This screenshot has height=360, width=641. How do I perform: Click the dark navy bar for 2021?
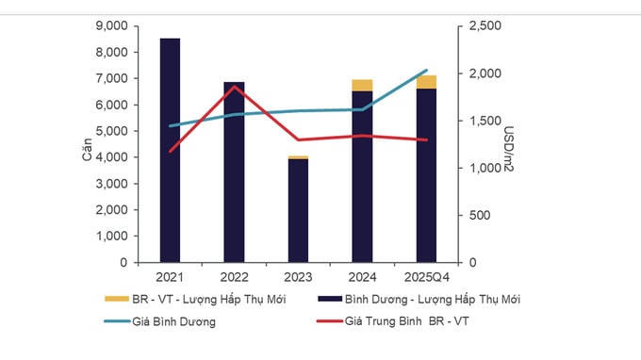tap(170, 151)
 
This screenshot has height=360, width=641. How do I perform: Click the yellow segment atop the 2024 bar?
tap(362, 85)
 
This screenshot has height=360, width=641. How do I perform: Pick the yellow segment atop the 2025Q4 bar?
tap(426, 82)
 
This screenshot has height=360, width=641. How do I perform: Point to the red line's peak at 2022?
tap(234, 87)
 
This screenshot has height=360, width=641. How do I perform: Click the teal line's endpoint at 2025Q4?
tap(426, 71)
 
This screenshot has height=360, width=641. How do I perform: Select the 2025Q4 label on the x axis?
tap(426, 277)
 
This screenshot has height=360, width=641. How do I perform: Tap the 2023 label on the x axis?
tap(298, 277)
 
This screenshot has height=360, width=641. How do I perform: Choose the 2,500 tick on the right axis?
tap(477, 26)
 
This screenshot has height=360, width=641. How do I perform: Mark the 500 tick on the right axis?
tap(470, 215)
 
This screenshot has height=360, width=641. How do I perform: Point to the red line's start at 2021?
tap(170, 152)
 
